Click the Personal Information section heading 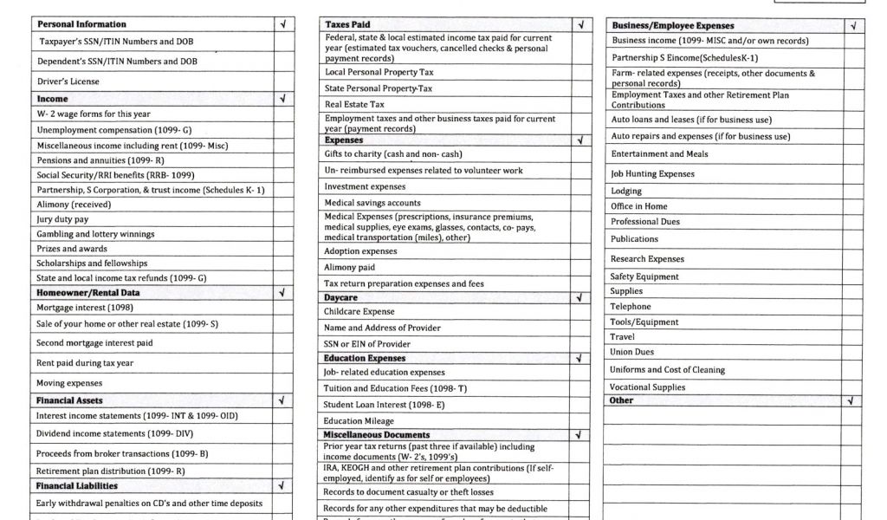pyautogui.click(x=81, y=24)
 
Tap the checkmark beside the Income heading pyautogui.click(x=282, y=99)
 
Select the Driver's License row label pyautogui.click(x=68, y=81)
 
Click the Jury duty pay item pyautogui.click(x=62, y=219)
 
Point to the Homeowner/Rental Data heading pyautogui.click(x=88, y=293)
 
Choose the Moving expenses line pyautogui.click(x=69, y=383)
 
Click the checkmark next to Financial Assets pyautogui.click(x=282, y=401)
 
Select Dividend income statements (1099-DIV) pyautogui.click(x=114, y=433)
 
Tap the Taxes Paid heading pyautogui.click(x=347, y=24)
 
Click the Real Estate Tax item pyautogui.click(x=354, y=104)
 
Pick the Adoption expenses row pyautogui.click(x=360, y=251)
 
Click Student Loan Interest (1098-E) pyautogui.click(x=383, y=404)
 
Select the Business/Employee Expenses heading pyautogui.click(x=673, y=26)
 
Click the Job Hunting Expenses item pyautogui.click(x=652, y=174)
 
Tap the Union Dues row pyautogui.click(x=632, y=353)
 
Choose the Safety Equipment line pyautogui.click(x=644, y=277)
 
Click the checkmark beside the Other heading pyautogui.click(x=853, y=401)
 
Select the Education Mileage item pyautogui.click(x=359, y=421)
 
